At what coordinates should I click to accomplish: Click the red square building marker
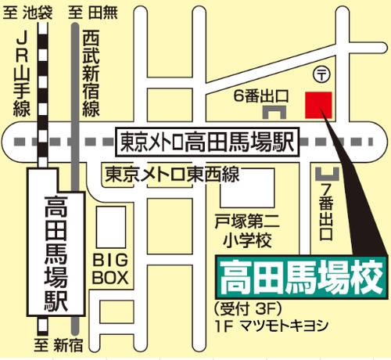click(x=318, y=104)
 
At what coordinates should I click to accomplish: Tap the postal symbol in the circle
click(x=321, y=74)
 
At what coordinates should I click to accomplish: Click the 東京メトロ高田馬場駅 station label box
click(x=207, y=142)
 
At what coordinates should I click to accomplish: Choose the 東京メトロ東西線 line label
click(x=174, y=173)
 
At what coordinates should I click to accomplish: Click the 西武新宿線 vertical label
click(x=91, y=70)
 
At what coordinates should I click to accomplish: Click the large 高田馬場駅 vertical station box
click(x=56, y=251)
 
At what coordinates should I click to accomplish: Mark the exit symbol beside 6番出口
click(x=281, y=113)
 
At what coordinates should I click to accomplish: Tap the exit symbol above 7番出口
click(x=328, y=170)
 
